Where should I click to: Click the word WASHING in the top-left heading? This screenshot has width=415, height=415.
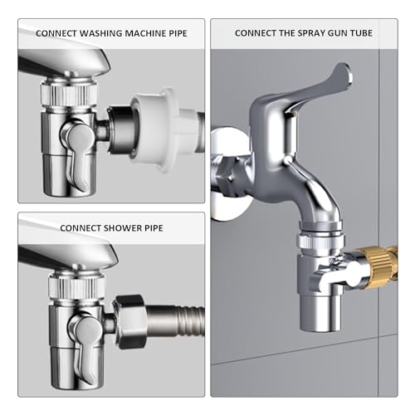pyautogui.click(x=93, y=33)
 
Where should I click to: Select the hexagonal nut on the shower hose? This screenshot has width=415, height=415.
pyautogui.click(x=130, y=315)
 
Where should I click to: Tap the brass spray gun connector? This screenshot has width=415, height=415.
pyautogui.click(x=378, y=258)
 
